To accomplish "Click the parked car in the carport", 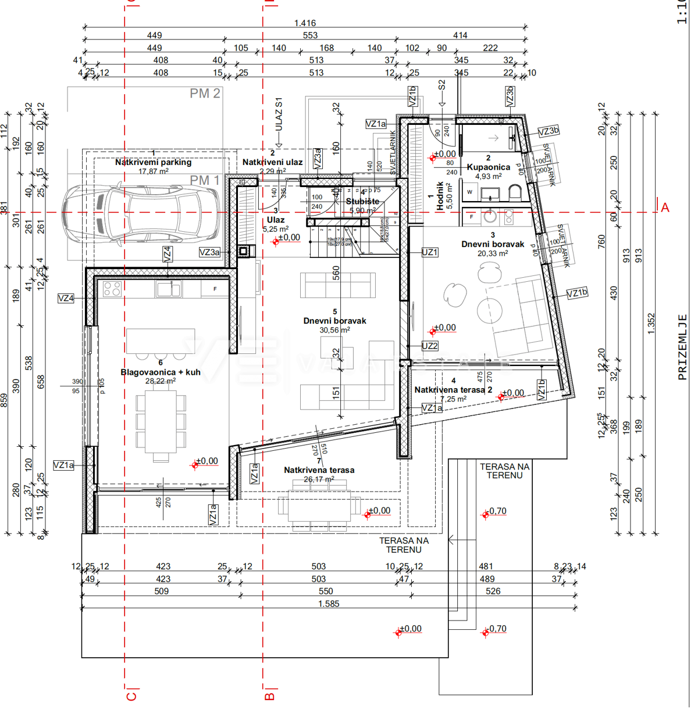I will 143,213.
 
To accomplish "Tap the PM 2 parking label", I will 205,94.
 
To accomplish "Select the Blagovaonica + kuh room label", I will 161,372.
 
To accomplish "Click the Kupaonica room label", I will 488,167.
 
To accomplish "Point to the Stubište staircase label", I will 362,202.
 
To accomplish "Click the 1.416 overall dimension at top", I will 305,23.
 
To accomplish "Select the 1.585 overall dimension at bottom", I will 329,604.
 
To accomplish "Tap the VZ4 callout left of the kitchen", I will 66,299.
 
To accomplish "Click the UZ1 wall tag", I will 430,252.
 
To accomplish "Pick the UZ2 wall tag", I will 430,346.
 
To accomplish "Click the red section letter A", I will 665,207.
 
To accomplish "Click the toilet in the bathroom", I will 515,192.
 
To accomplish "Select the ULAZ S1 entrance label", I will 279,115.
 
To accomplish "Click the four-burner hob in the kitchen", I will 112,289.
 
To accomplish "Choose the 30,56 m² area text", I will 334,330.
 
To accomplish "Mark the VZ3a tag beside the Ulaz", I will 209,252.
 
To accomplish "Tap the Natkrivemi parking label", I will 153,162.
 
